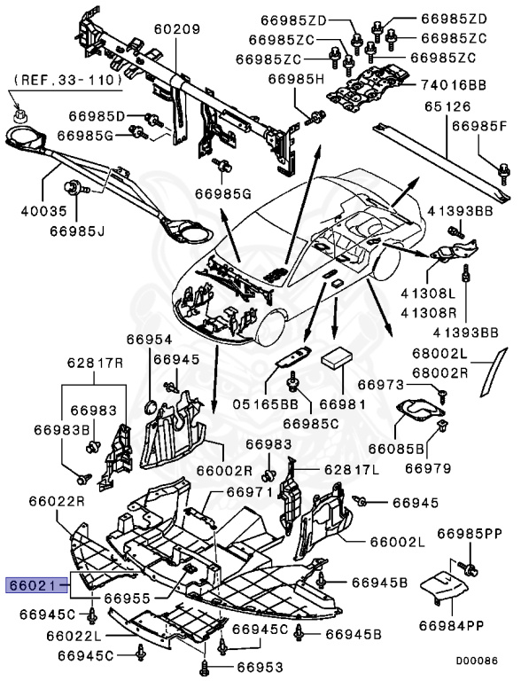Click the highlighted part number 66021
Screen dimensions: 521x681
point(34,586)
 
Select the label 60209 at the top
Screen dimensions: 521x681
point(177,29)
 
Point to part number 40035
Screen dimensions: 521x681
point(43,212)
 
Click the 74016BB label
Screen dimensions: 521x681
point(453,85)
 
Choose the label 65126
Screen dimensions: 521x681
point(447,106)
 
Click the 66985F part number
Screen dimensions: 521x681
point(479,127)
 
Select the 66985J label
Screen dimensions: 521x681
point(77,231)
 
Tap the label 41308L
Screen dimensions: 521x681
point(428,294)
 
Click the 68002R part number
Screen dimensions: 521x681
point(439,373)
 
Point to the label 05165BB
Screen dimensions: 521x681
point(266,404)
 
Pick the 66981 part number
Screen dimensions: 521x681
point(343,404)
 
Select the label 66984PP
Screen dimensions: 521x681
point(451,625)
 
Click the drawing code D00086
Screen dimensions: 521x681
point(476,661)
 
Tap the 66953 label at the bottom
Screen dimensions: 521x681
point(260,667)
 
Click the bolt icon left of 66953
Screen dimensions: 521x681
point(205,665)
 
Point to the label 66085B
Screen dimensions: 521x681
point(396,448)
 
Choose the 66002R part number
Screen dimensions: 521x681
point(224,471)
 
